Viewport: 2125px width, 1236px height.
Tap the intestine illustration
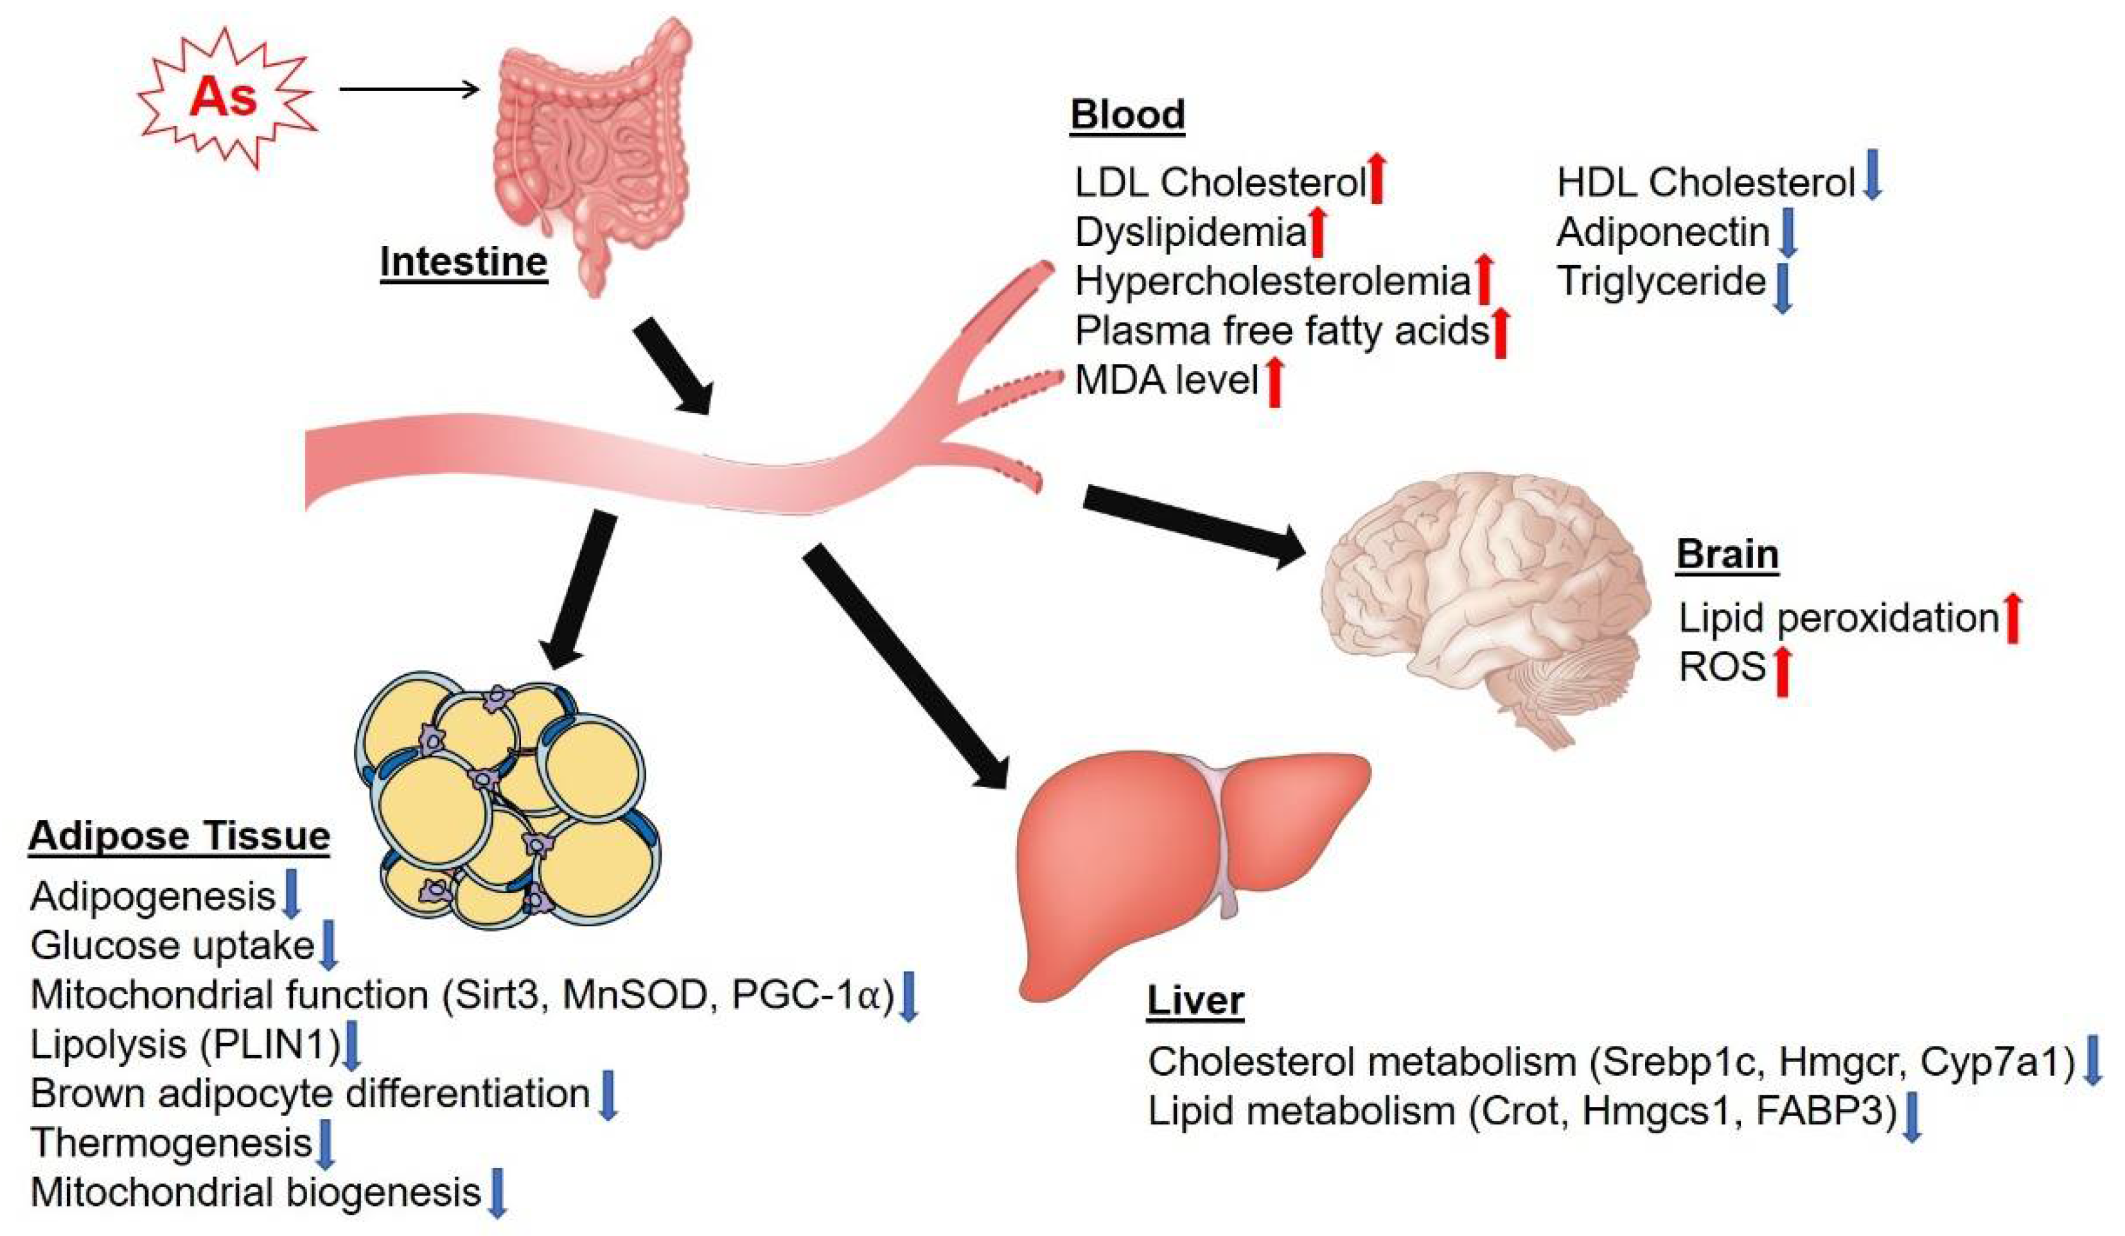pyautogui.click(x=590, y=143)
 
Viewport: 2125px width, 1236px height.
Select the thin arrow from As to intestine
pyautogui.click(x=409, y=88)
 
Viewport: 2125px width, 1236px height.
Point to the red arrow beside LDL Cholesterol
pyautogui.click(x=1376, y=178)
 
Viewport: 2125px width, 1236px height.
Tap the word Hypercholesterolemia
pyautogui.click(x=1273, y=281)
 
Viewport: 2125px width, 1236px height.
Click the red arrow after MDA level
pyautogui.click(x=1274, y=382)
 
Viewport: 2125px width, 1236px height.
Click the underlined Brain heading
pyautogui.click(x=1727, y=555)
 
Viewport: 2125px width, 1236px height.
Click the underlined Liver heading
pyautogui.click(x=1195, y=1001)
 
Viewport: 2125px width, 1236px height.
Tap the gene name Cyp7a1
pyautogui.click(x=1997, y=1063)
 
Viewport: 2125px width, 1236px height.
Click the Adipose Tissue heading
pyautogui.click(x=179, y=837)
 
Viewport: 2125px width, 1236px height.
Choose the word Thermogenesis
pyautogui.click(x=171, y=1144)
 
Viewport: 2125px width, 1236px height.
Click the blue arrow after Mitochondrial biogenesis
pyautogui.click(x=497, y=1192)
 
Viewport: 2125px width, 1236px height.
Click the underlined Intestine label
pyautogui.click(x=463, y=262)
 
